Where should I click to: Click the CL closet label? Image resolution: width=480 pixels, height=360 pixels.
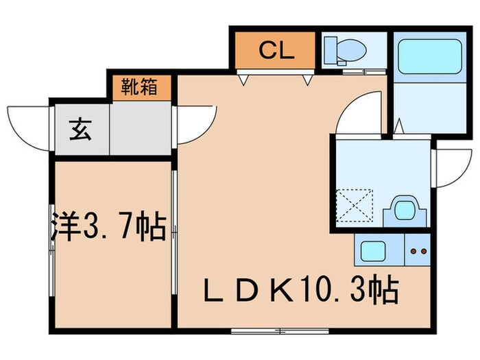pyautogui.click(x=276, y=50)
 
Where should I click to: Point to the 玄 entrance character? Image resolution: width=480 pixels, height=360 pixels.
pyautogui.click(x=80, y=128)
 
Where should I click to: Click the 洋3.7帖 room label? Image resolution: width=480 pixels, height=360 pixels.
pyautogui.click(x=108, y=227)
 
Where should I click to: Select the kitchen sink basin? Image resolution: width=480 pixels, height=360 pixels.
pyautogui.click(x=374, y=252)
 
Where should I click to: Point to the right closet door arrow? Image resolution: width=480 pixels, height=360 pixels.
pyautogui.click(x=309, y=80)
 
